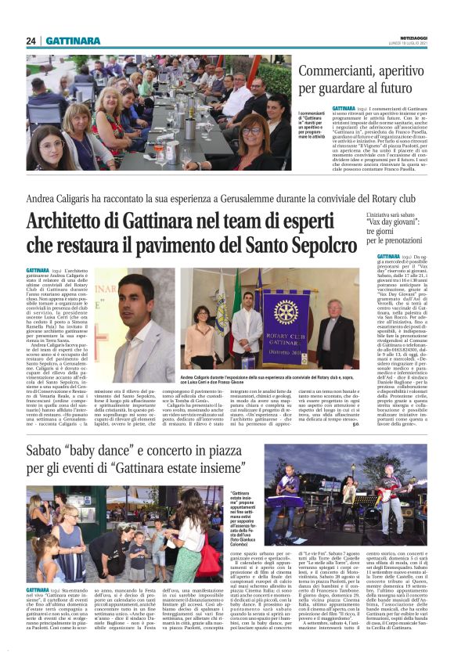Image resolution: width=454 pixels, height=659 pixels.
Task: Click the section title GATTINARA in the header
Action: pyautogui.click(x=72, y=41)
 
